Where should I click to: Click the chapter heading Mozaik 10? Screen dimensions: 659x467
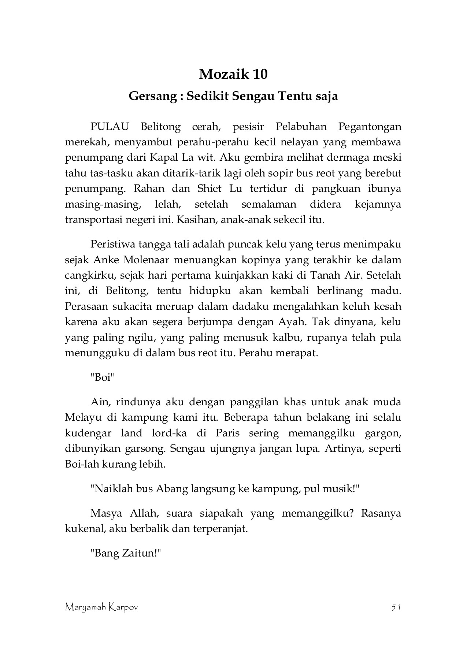[233, 74]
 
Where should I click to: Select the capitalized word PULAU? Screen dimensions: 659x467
[110, 127]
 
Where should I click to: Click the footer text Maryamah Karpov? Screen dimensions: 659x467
[101, 608]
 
